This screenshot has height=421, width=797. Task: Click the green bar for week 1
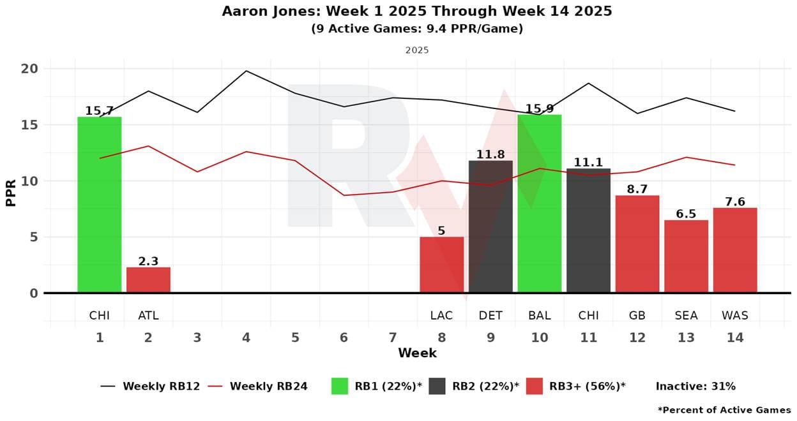pyautogui.click(x=99, y=204)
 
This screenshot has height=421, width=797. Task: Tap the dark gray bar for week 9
pyautogui.click(x=490, y=226)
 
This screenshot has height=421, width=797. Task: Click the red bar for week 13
pyautogui.click(x=686, y=256)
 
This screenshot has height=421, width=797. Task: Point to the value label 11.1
pyautogui.click(x=588, y=163)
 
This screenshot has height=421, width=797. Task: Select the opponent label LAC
pyautogui.click(x=441, y=315)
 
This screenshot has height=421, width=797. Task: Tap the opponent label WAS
pyautogui.click(x=735, y=315)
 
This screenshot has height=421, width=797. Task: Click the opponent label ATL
pyautogui.click(x=148, y=315)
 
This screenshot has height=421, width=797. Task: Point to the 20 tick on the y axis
pyautogui.click(x=30, y=69)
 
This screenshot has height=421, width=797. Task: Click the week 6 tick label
pyautogui.click(x=344, y=337)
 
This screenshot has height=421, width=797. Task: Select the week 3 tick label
pyautogui.click(x=197, y=337)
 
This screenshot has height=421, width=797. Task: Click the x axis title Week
pyautogui.click(x=417, y=353)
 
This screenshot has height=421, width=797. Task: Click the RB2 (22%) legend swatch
pyautogui.click(x=437, y=386)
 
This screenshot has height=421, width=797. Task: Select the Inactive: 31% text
pyautogui.click(x=695, y=386)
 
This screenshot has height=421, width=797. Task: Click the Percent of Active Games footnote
pyautogui.click(x=724, y=410)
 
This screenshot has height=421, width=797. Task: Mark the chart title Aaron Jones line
pyautogui.click(x=417, y=11)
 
